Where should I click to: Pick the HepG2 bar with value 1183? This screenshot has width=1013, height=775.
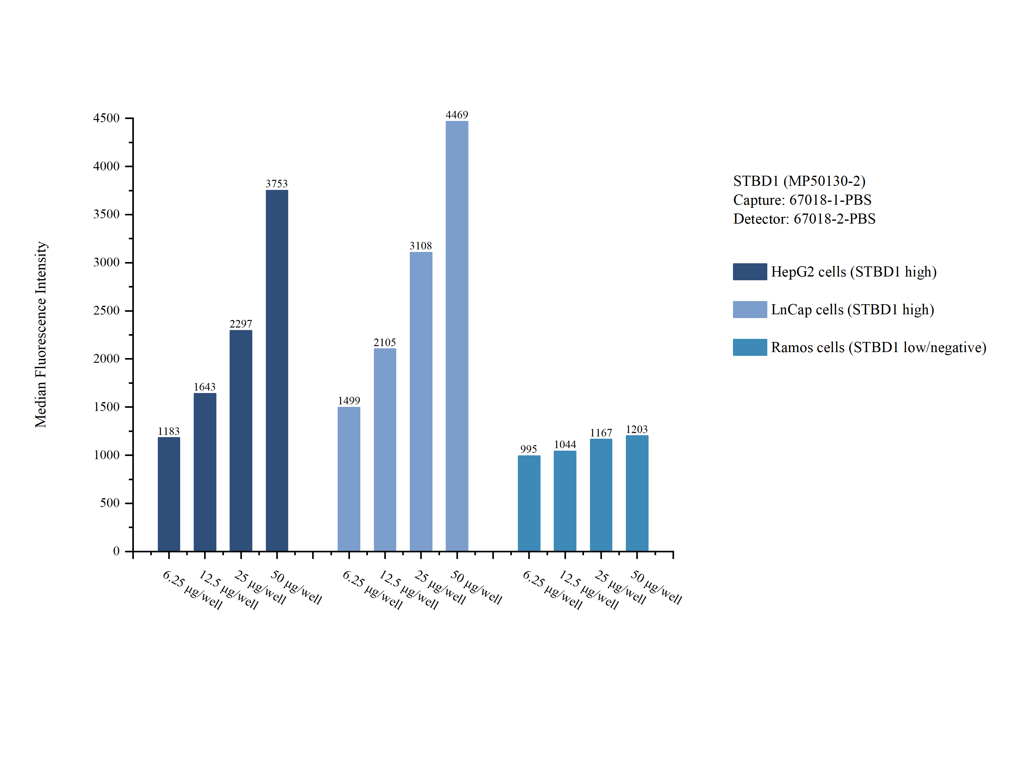click(x=169, y=494)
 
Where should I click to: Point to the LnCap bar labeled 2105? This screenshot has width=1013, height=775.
click(x=385, y=450)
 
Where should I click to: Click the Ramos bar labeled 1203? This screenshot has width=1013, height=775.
click(x=637, y=493)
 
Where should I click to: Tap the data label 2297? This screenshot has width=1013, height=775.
click(x=241, y=324)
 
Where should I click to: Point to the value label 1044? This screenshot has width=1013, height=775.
click(x=565, y=445)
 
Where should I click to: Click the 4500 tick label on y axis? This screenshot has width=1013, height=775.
click(x=106, y=118)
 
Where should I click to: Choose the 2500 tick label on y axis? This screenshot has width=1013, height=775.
click(x=106, y=311)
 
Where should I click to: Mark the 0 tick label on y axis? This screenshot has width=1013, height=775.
click(x=116, y=551)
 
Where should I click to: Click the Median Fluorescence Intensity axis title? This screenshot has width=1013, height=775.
click(x=41, y=334)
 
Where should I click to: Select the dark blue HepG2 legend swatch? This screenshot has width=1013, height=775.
click(x=750, y=272)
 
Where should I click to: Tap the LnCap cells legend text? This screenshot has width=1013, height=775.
click(x=852, y=310)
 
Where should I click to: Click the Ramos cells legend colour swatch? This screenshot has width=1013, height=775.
click(x=750, y=347)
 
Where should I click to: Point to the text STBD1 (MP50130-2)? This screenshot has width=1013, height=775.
click(x=799, y=181)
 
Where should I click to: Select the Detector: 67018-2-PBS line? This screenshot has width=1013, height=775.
click(x=804, y=219)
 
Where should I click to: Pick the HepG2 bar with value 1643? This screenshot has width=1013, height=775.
click(x=205, y=472)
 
